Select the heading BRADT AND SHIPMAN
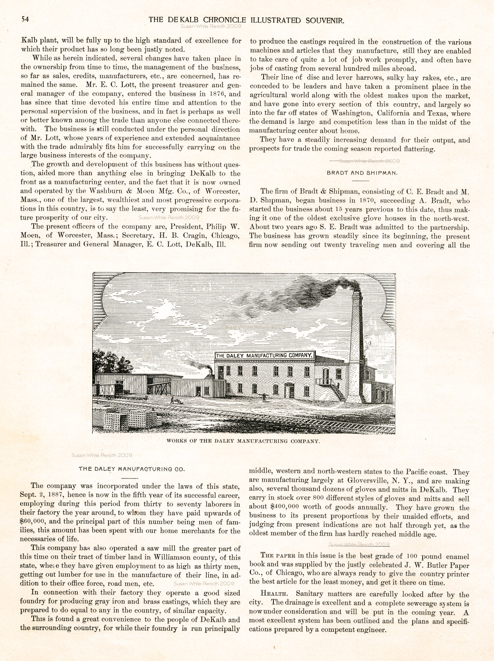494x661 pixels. pyautogui.click(x=362, y=173)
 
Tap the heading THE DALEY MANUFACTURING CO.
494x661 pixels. pyautogui.click(x=132, y=468)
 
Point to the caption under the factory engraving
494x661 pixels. pyautogui.click(x=243, y=441)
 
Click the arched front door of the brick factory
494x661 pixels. pyautogui.click(x=289, y=390)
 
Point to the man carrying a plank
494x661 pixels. pyautogui.click(x=264, y=396)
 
